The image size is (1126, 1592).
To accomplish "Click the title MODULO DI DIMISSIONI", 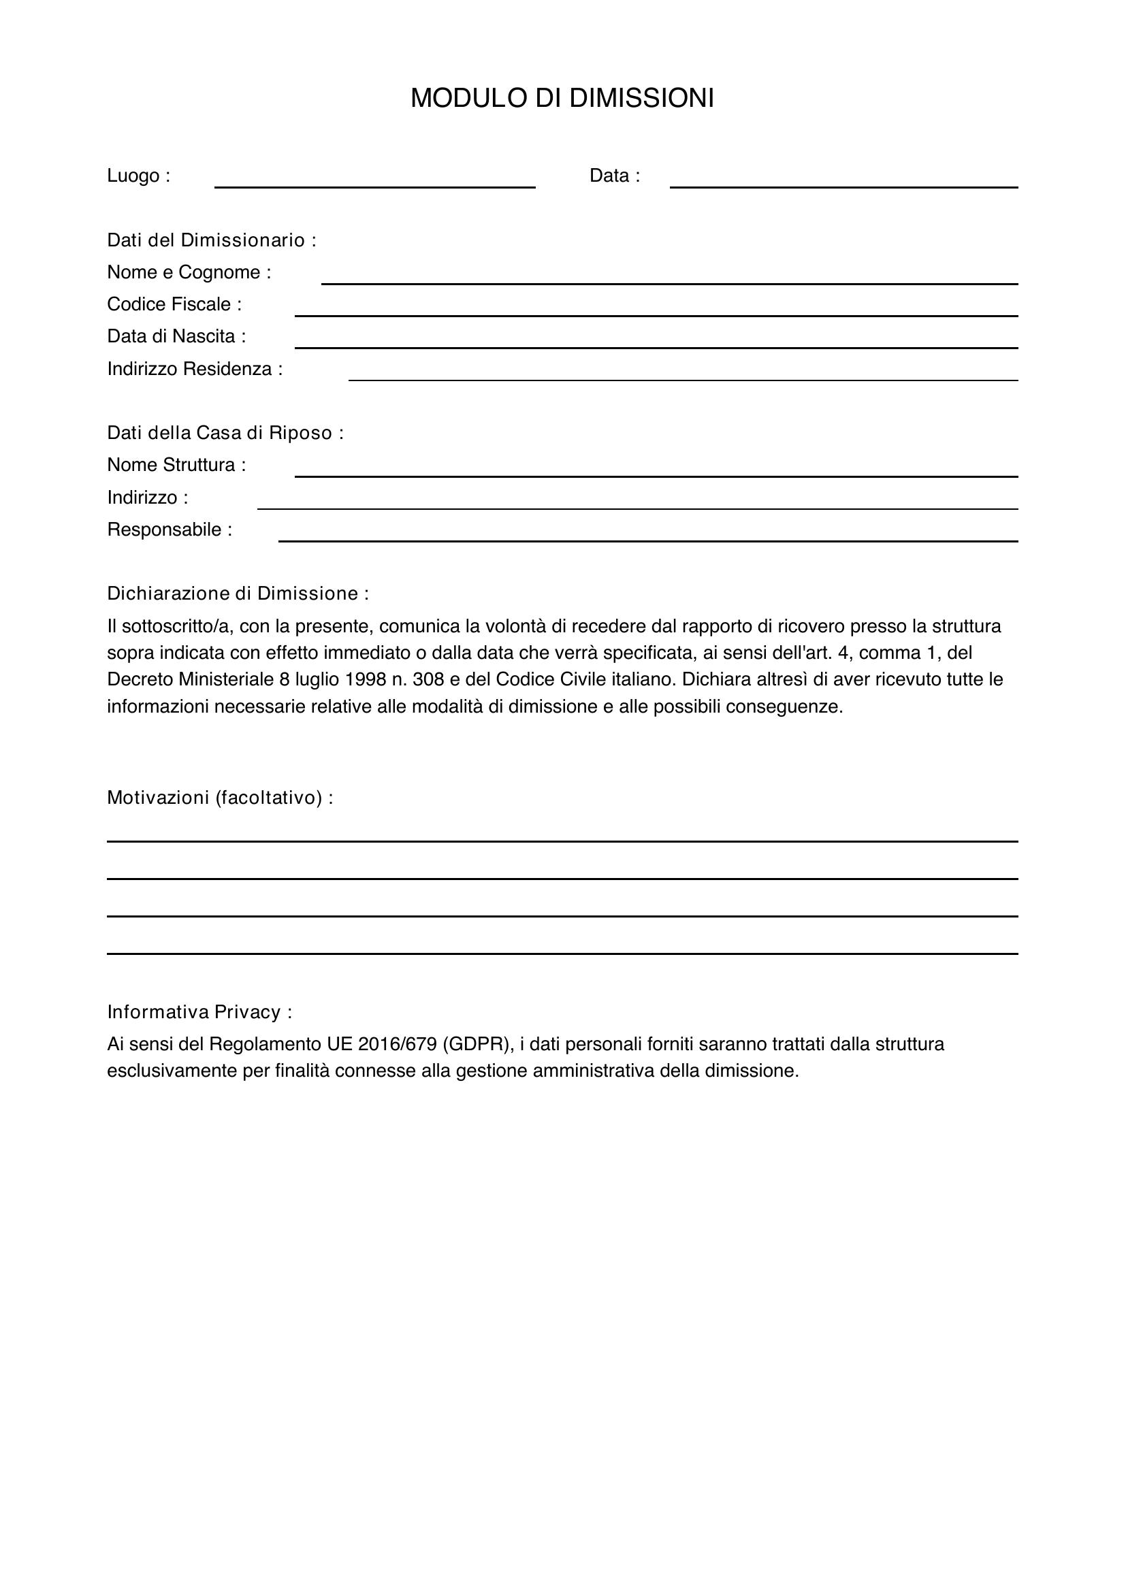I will pos(562,99).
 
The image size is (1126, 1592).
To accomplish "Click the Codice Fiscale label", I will pos(174,304).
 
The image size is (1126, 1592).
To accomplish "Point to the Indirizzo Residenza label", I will pos(195,369).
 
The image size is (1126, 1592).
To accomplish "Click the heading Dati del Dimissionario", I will pos(212,240).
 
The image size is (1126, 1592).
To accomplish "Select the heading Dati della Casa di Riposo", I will pos(225,433).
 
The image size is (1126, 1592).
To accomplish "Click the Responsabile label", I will pos(170,530).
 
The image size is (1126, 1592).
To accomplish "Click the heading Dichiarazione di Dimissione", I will pos(238,594).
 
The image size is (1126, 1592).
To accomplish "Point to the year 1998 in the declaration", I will pos(365,679).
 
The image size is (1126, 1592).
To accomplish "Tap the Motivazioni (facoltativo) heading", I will pos(220,798).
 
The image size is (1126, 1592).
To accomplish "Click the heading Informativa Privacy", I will pos(199,1012).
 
